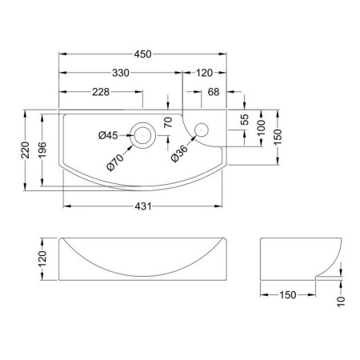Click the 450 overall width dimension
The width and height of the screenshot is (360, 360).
pyautogui.click(x=142, y=54)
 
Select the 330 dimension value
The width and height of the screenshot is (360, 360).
pyautogui.click(x=121, y=73)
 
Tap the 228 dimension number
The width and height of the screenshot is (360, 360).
pyautogui.click(x=101, y=92)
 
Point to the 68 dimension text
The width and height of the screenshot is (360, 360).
pyautogui.click(x=214, y=92)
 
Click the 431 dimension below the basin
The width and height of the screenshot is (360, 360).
pyautogui.click(x=143, y=206)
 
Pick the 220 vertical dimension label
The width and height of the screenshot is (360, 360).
pyautogui.click(x=26, y=150)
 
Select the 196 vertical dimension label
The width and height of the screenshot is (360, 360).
pyautogui.click(x=42, y=150)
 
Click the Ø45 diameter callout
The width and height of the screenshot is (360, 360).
pyautogui.click(x=108, y=135)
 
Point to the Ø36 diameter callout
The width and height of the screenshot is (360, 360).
pyautogui.click(x=179, y=154)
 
